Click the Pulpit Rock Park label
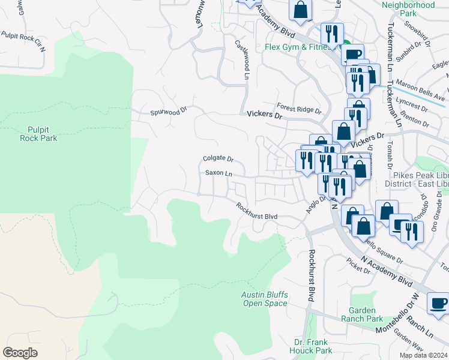[x=42, y=133]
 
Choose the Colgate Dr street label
[x=218, y=159]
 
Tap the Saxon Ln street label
[x=218, y=173]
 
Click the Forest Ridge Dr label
[x=299, y=110]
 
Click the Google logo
[x=20, y=353]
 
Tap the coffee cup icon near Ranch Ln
[x=438, y=302]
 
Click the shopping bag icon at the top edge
[x=300, y=10]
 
